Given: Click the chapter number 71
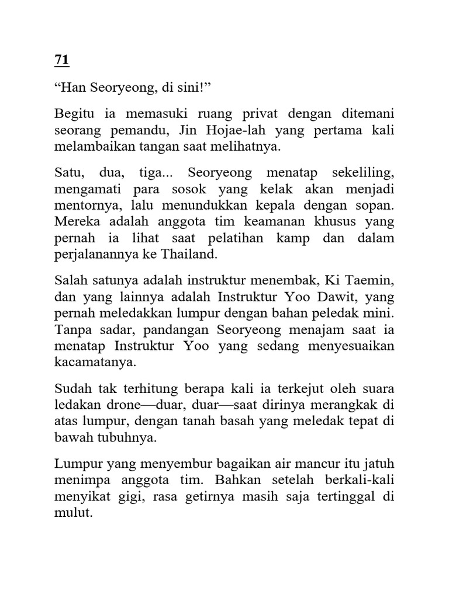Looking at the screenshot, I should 61,60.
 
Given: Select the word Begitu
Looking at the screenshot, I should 75,114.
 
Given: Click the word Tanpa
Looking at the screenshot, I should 70,331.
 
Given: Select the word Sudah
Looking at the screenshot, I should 71,390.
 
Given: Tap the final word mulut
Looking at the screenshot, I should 74,514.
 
